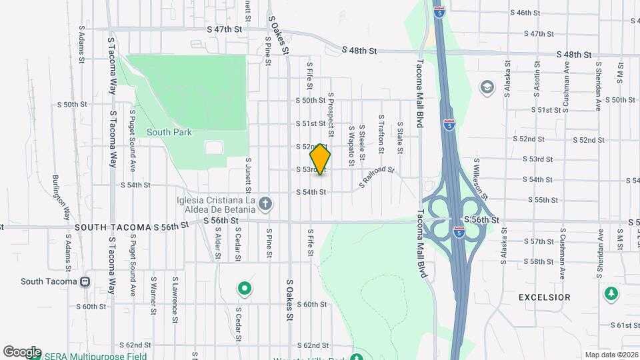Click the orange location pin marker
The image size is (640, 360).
coord(321,159)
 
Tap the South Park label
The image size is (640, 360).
coord(169,132)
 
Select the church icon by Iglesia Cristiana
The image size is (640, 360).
coord(265,203)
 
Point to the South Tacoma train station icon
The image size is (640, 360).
coord(85,281)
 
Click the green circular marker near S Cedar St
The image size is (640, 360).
coord(245,289)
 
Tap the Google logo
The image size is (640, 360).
coord(22,352)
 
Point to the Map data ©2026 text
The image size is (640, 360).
coord(611,355)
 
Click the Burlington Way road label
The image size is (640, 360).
coord(61,197)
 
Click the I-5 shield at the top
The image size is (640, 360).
coord(439,11)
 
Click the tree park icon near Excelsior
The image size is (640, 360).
coord(611,293)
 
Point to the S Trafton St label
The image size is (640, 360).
coord(381,133)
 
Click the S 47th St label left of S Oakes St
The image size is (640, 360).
coord(224,29)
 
